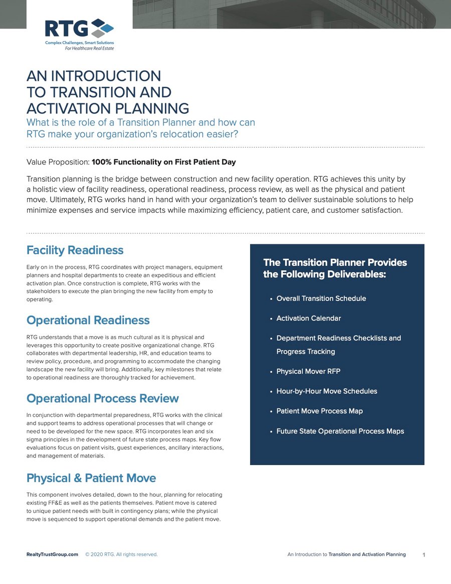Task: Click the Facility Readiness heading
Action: [75, 250]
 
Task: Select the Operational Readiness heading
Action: [88, 320]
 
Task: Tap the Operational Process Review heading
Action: [102, 398]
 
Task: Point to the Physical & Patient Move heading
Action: [91, 478]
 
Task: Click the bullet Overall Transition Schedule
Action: [321, 299]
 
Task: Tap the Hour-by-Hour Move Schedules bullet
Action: [327, 391]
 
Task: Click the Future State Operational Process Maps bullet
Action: [340, 431]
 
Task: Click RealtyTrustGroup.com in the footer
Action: [52, 554]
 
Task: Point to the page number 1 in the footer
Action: [424, 555]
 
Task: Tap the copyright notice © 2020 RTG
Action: [121, 554]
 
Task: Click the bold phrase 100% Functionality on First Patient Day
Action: [163, 162]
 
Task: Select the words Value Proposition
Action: [58, 162]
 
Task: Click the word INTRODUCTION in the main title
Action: [106, 76]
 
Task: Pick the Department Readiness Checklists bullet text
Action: [338, 338]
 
